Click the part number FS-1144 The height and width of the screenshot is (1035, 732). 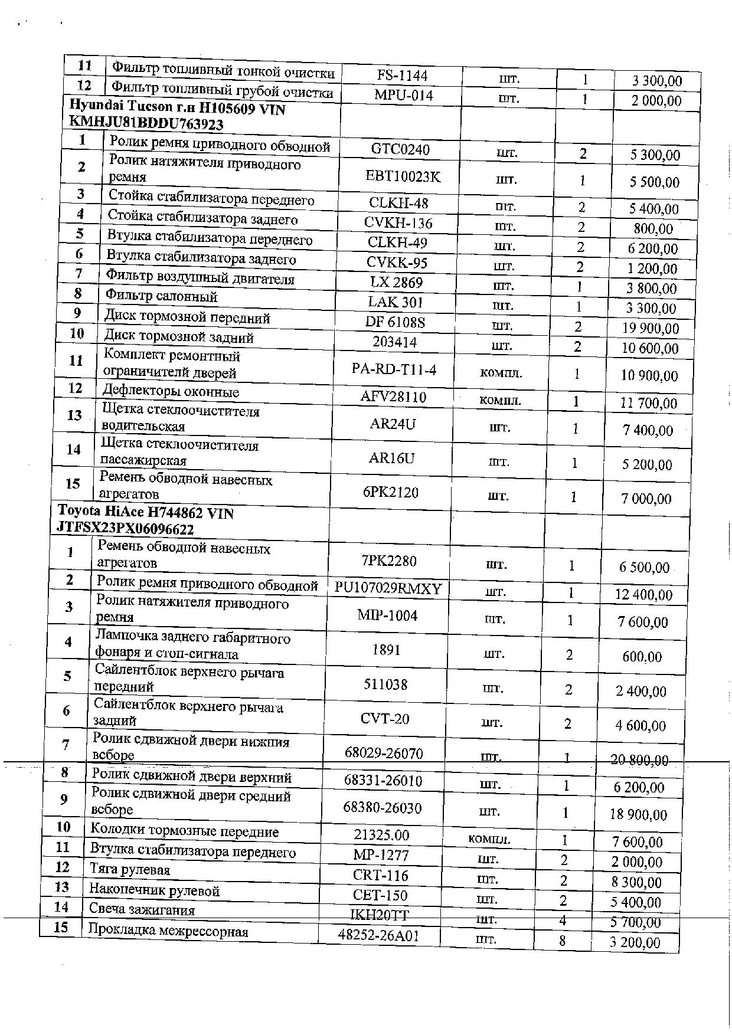(x=401, y=76)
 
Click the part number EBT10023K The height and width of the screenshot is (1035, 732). (x=403, y=176)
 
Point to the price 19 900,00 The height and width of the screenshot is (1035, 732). (x=651, y=328)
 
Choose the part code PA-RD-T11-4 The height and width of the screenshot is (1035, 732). (x=394, y=370)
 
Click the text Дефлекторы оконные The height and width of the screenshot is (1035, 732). (x=171, y=391)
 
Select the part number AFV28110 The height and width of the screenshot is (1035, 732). (x=393, y=397)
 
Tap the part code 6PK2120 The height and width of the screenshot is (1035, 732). (x=391, y=492)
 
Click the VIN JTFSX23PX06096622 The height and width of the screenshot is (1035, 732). (x=125, y=529)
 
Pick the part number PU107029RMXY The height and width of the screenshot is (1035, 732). (x=388, y=588)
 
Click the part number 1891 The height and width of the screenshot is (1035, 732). (x=387, y=650)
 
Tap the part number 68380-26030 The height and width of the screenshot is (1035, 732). (x=383, y=807)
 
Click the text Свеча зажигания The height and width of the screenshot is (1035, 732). (x=142, y=910)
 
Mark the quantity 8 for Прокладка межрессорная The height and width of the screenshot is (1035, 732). (x=562, y=940)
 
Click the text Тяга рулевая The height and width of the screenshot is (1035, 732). (x=130, y=870)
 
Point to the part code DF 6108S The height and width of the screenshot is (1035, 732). (x=396, y=322)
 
